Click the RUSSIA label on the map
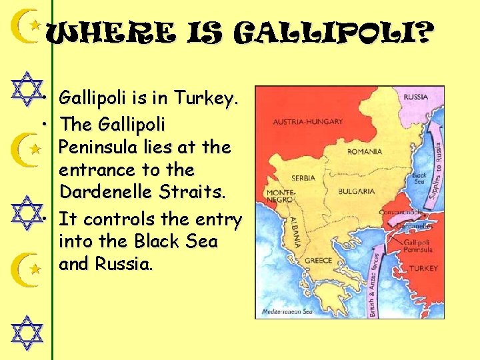tap(416, 97)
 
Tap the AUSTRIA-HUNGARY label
tap(308, 122)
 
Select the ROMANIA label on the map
tap(365, 152)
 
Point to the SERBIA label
tap(303, 178)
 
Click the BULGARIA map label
tap(357, 191)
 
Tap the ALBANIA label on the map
tap(293, 230)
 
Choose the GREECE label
tap(319, 261)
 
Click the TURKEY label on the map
tap(421, 268)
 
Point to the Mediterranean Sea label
tap(287, 311)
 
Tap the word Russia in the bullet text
tap(124, 264)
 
